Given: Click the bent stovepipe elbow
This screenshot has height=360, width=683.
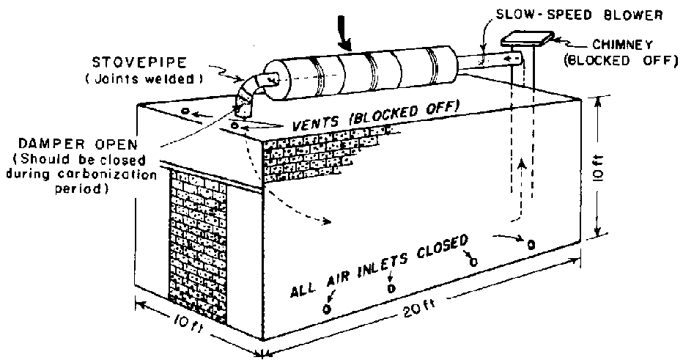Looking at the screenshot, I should pyautogui.click(x=247, y=94).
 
